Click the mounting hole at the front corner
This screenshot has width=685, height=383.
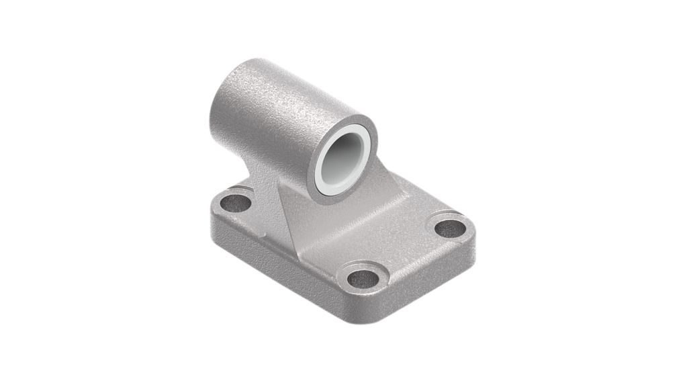[363, 276]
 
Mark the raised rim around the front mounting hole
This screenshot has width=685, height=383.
[363, 266]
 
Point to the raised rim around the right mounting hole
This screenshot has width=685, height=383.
[449, 218]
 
